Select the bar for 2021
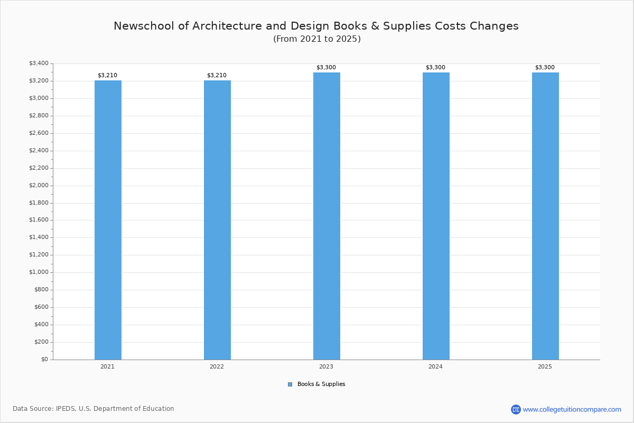point(108,220)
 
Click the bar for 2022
point(217,220)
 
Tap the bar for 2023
point(327,216)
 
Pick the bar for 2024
point(436,216)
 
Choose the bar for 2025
point(545,216)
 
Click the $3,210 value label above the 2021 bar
point(107,76)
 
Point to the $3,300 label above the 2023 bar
point(326,68)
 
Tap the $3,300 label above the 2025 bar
point(545,68)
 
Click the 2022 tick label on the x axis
point(217,366)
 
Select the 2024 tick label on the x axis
point(435,366)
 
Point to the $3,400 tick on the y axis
point(39,63)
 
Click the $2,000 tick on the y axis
point(39,186)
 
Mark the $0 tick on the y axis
point(44,360)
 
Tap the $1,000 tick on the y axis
point(39,272)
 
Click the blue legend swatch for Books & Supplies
point(290,384)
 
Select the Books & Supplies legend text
point(321,384)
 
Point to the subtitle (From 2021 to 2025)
point(317,39)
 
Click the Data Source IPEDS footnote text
point(94,409)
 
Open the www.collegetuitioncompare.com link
point(572,409)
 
